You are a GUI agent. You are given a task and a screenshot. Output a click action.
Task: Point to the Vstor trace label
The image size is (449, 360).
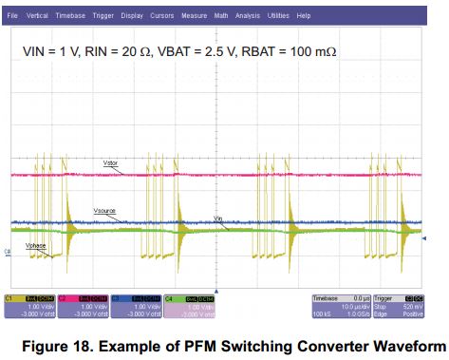click(x=112, y=164)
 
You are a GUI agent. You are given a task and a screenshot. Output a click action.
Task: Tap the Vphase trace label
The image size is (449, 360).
click(x=37, y=245)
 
